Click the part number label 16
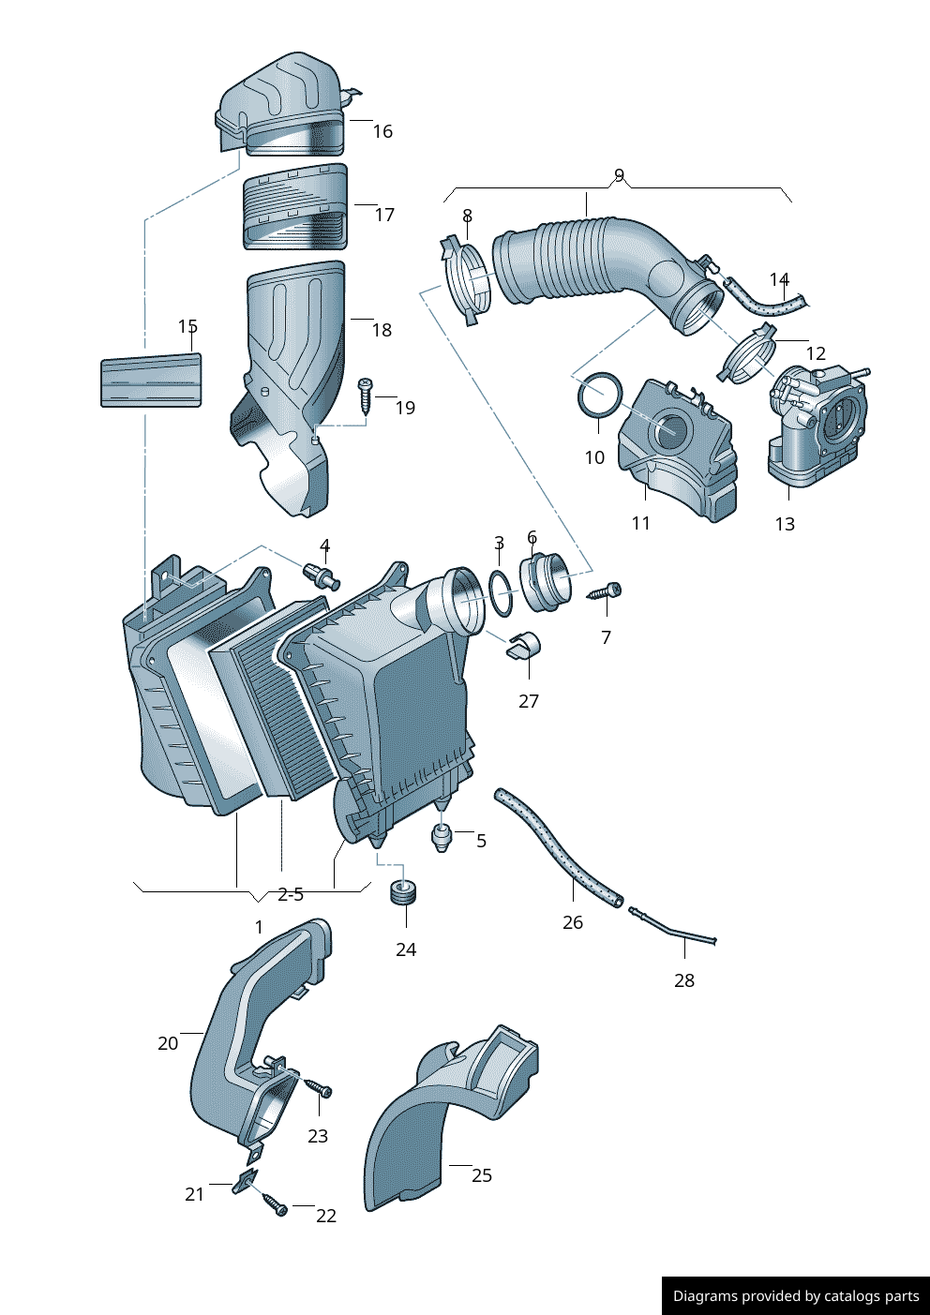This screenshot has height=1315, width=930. point(382,131)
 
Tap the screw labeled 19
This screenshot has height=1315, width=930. point(366,396)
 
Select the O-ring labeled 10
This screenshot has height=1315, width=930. point(599,396)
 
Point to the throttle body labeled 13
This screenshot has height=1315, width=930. point(816,422)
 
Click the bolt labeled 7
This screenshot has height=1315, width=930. point(605,591)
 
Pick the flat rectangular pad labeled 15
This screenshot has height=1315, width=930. point(151,381)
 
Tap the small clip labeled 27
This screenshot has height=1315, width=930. point(524,646)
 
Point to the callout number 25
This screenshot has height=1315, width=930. point(482,1175)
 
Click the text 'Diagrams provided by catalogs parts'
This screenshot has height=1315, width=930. point(796,1296)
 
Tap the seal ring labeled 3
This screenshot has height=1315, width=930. point(502,594)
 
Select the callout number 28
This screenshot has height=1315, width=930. point(684,980)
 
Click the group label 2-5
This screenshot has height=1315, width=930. point(291,894)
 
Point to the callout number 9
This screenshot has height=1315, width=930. point(619,175)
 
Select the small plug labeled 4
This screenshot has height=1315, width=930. point(321,575)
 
